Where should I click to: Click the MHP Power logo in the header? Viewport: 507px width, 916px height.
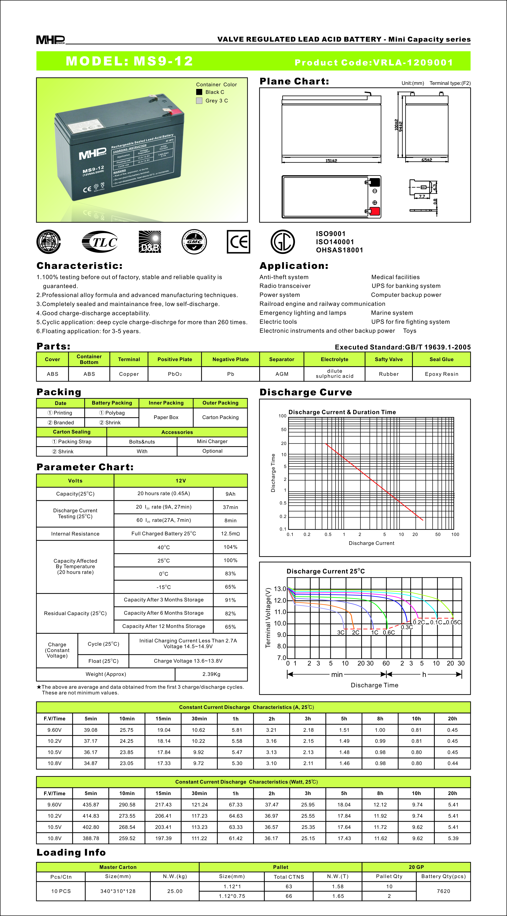[x=51, y=40]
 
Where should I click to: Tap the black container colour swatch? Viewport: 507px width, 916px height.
[x=199, y=92]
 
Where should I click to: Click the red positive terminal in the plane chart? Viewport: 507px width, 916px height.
[x=375, y=211]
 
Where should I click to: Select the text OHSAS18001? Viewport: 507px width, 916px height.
[x=339, y=250]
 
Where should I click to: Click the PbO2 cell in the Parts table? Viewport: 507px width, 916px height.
[x=175, y=374]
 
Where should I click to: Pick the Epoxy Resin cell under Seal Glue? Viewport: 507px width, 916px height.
[x=441, y=374]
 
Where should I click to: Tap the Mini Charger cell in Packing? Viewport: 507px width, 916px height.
[x=212, y=441]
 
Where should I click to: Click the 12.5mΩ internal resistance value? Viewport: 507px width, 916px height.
[x=230, y=534]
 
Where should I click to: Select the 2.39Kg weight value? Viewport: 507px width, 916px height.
[x=211, y=674]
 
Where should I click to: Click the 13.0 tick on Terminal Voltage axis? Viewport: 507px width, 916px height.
[x=280, y=589]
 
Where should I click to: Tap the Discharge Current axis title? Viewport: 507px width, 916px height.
[x=371, y=543]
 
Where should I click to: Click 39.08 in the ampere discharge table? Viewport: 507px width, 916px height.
[x=91, y=730]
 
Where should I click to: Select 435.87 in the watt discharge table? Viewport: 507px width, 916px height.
[x=91, y=805]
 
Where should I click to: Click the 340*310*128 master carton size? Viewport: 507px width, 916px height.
[x=118, y=891]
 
